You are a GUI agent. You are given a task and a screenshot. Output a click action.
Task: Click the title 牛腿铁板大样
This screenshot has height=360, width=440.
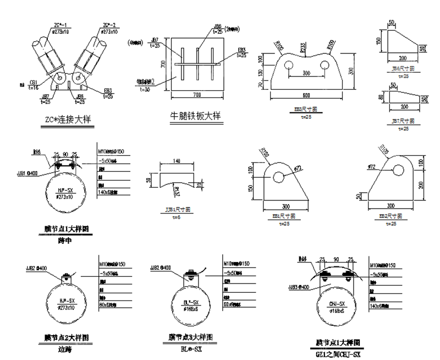coord(195,117)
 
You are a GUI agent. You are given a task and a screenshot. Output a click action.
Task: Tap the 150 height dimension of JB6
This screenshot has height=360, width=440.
coord(378,42)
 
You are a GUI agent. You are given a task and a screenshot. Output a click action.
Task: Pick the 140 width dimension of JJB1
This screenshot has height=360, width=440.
coord(177,162)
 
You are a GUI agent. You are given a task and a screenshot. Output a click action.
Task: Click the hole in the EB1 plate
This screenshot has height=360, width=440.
coord(280,176)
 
